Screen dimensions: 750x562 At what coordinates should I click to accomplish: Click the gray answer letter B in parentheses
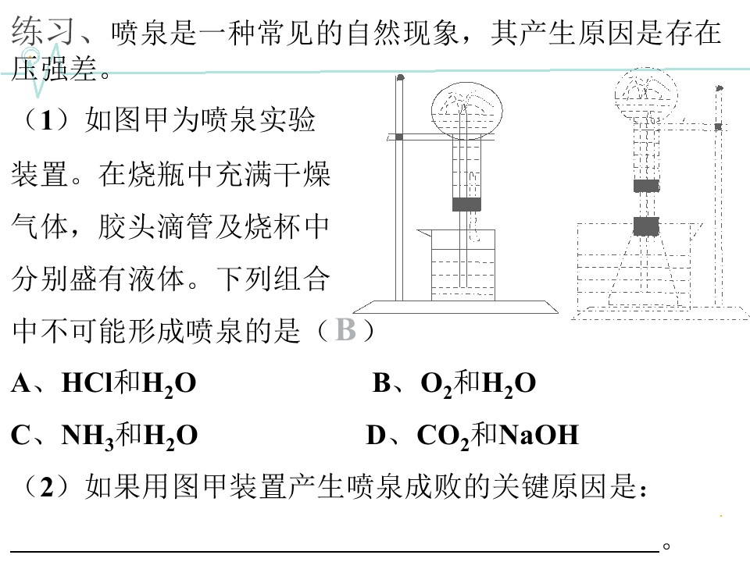[346, 329]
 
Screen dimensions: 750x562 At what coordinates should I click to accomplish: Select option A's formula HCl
[89, 382]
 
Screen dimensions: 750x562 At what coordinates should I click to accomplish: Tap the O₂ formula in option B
[436, 385]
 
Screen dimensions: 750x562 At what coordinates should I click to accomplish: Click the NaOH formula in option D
[538, 435]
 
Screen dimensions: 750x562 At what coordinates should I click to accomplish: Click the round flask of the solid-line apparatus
[467, 110]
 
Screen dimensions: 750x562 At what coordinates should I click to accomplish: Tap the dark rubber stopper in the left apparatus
[466, 204]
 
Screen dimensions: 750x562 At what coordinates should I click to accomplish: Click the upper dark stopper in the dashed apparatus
[646, 186]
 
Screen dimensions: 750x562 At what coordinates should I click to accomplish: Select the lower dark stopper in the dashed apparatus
[646, 226]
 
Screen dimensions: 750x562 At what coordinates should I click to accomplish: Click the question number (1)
[46, 119]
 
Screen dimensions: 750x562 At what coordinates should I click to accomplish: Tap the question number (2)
[46, 486]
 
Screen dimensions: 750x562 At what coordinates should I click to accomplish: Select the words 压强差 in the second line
[55, 69]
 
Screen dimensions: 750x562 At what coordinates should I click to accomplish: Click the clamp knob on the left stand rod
[399, 137]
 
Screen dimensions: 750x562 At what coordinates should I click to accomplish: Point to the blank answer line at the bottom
[335, 551]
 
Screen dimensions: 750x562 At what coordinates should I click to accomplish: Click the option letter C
[22, 436]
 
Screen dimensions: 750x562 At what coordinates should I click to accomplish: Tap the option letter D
[377, 436]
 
